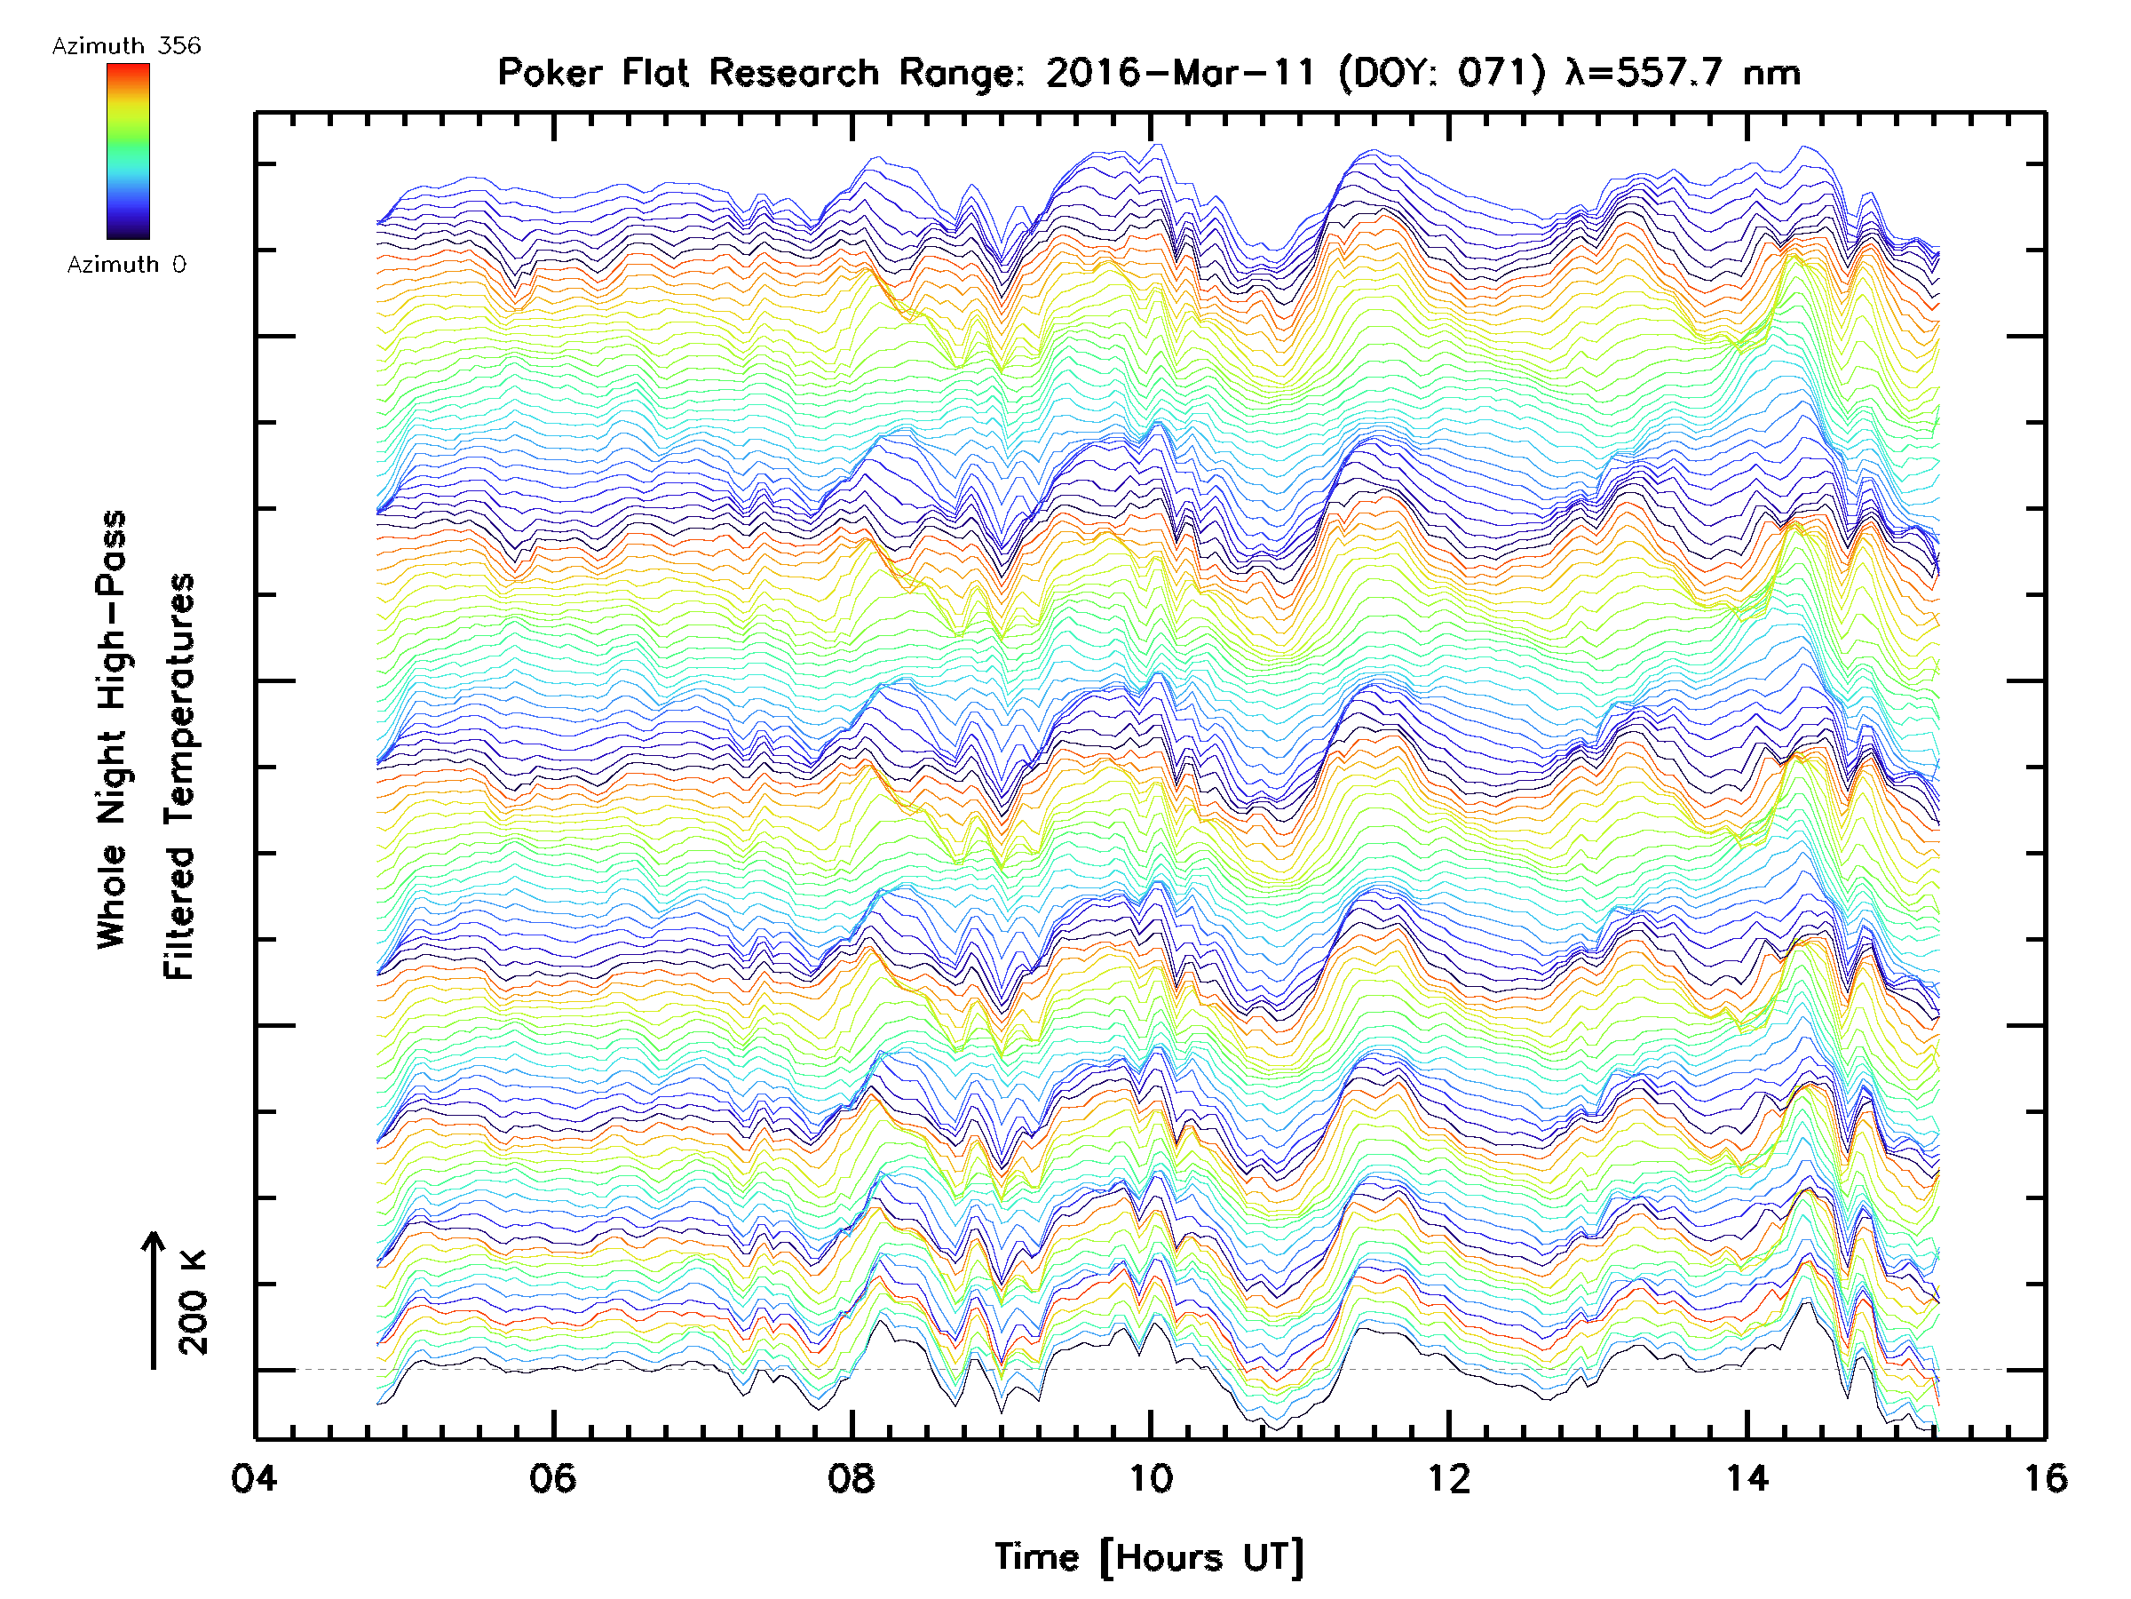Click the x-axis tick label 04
click(x=254, y=1477)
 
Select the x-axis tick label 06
click(x=553, y=1477)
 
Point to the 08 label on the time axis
click(x=852, y=1477)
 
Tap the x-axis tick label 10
click(x=1150, y=1477)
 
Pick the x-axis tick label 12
click(x=1449, y=1477)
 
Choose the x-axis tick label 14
click(x=1747, y=1477)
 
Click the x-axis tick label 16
click(x=2044, y=1477)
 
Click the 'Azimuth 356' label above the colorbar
click(x=126, y=46)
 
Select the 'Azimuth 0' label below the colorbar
click(x=126, y=264)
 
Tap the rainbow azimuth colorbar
click(x=128, y=151)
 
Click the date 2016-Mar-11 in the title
click(x=1181, y=73)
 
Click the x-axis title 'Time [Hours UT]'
click(x=1149, y=1557)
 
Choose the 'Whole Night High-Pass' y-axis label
click(x=112, y=728)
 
